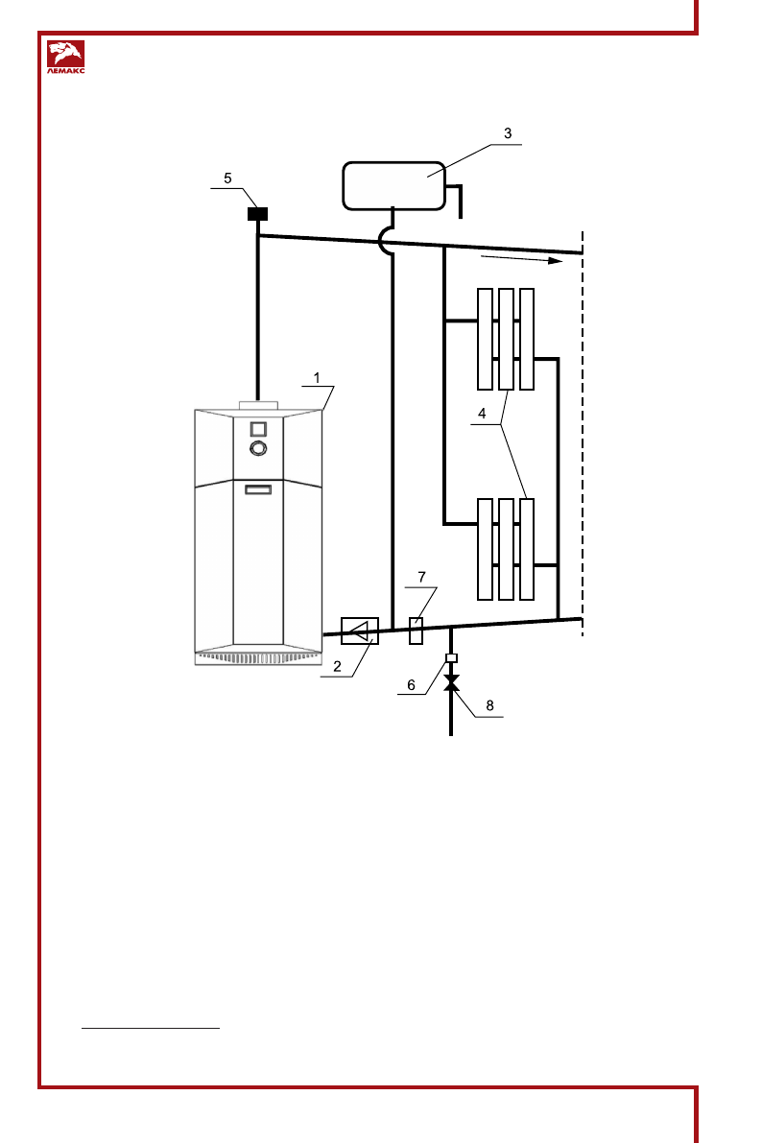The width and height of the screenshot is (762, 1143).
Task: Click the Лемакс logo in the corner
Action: pos(65,57)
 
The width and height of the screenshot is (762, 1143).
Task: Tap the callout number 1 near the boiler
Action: pos(317,378)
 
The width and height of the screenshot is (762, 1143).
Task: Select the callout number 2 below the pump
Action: pos(337,666)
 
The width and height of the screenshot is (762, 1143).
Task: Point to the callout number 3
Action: pos(509,133)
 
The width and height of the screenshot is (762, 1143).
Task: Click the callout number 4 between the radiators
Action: pos(482,414)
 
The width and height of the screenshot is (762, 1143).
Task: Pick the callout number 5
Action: pos(227,179)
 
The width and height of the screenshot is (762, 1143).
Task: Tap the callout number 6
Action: pos(412,685)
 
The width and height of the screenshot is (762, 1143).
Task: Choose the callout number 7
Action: pos(421,578)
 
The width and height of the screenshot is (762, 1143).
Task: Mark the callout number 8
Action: pos(490,705)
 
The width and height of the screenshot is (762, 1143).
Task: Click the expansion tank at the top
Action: pos(393,186)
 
